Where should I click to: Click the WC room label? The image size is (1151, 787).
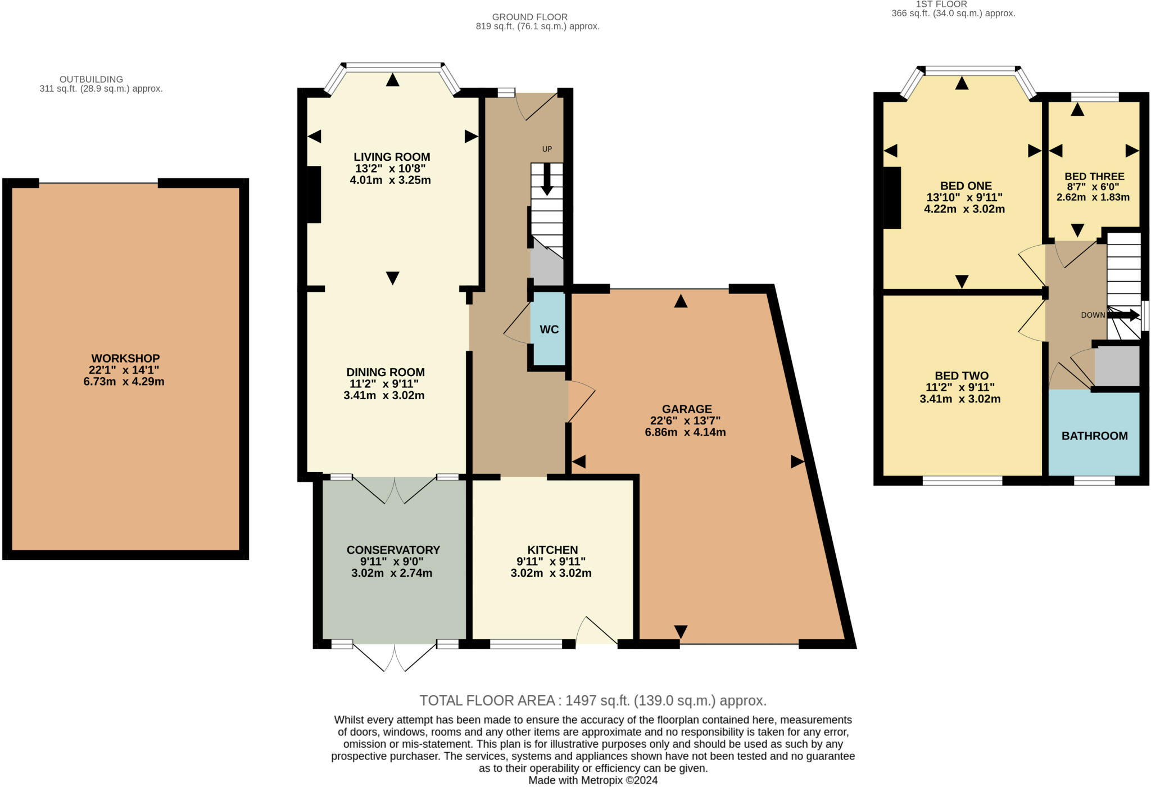pos(549,329)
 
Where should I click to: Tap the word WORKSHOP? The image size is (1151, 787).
pos(126,358)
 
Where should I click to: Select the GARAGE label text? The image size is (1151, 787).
pos(687,409)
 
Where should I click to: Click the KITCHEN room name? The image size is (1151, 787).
pos(552,550)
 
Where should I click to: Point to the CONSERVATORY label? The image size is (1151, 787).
pos(393,550)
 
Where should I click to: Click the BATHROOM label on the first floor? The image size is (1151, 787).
pos(1095,436)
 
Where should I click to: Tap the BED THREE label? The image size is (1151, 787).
pos(1094,177)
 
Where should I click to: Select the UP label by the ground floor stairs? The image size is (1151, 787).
pos(547,149)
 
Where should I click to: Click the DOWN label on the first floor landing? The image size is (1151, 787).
pos(1093,315)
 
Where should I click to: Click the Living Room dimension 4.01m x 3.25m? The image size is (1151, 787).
pos(391,180)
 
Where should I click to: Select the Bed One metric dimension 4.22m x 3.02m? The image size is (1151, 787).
pos(964,209)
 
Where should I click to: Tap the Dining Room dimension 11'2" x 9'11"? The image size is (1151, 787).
pos(384,384)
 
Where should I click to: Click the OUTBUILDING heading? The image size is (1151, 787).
pos(91,79)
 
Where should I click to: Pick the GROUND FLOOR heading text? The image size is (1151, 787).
pos(530,17)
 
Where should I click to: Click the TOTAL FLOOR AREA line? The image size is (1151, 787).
pos(593,700)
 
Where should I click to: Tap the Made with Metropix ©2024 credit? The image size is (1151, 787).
pos(593,780)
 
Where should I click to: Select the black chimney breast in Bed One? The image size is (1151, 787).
pos(891,198)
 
